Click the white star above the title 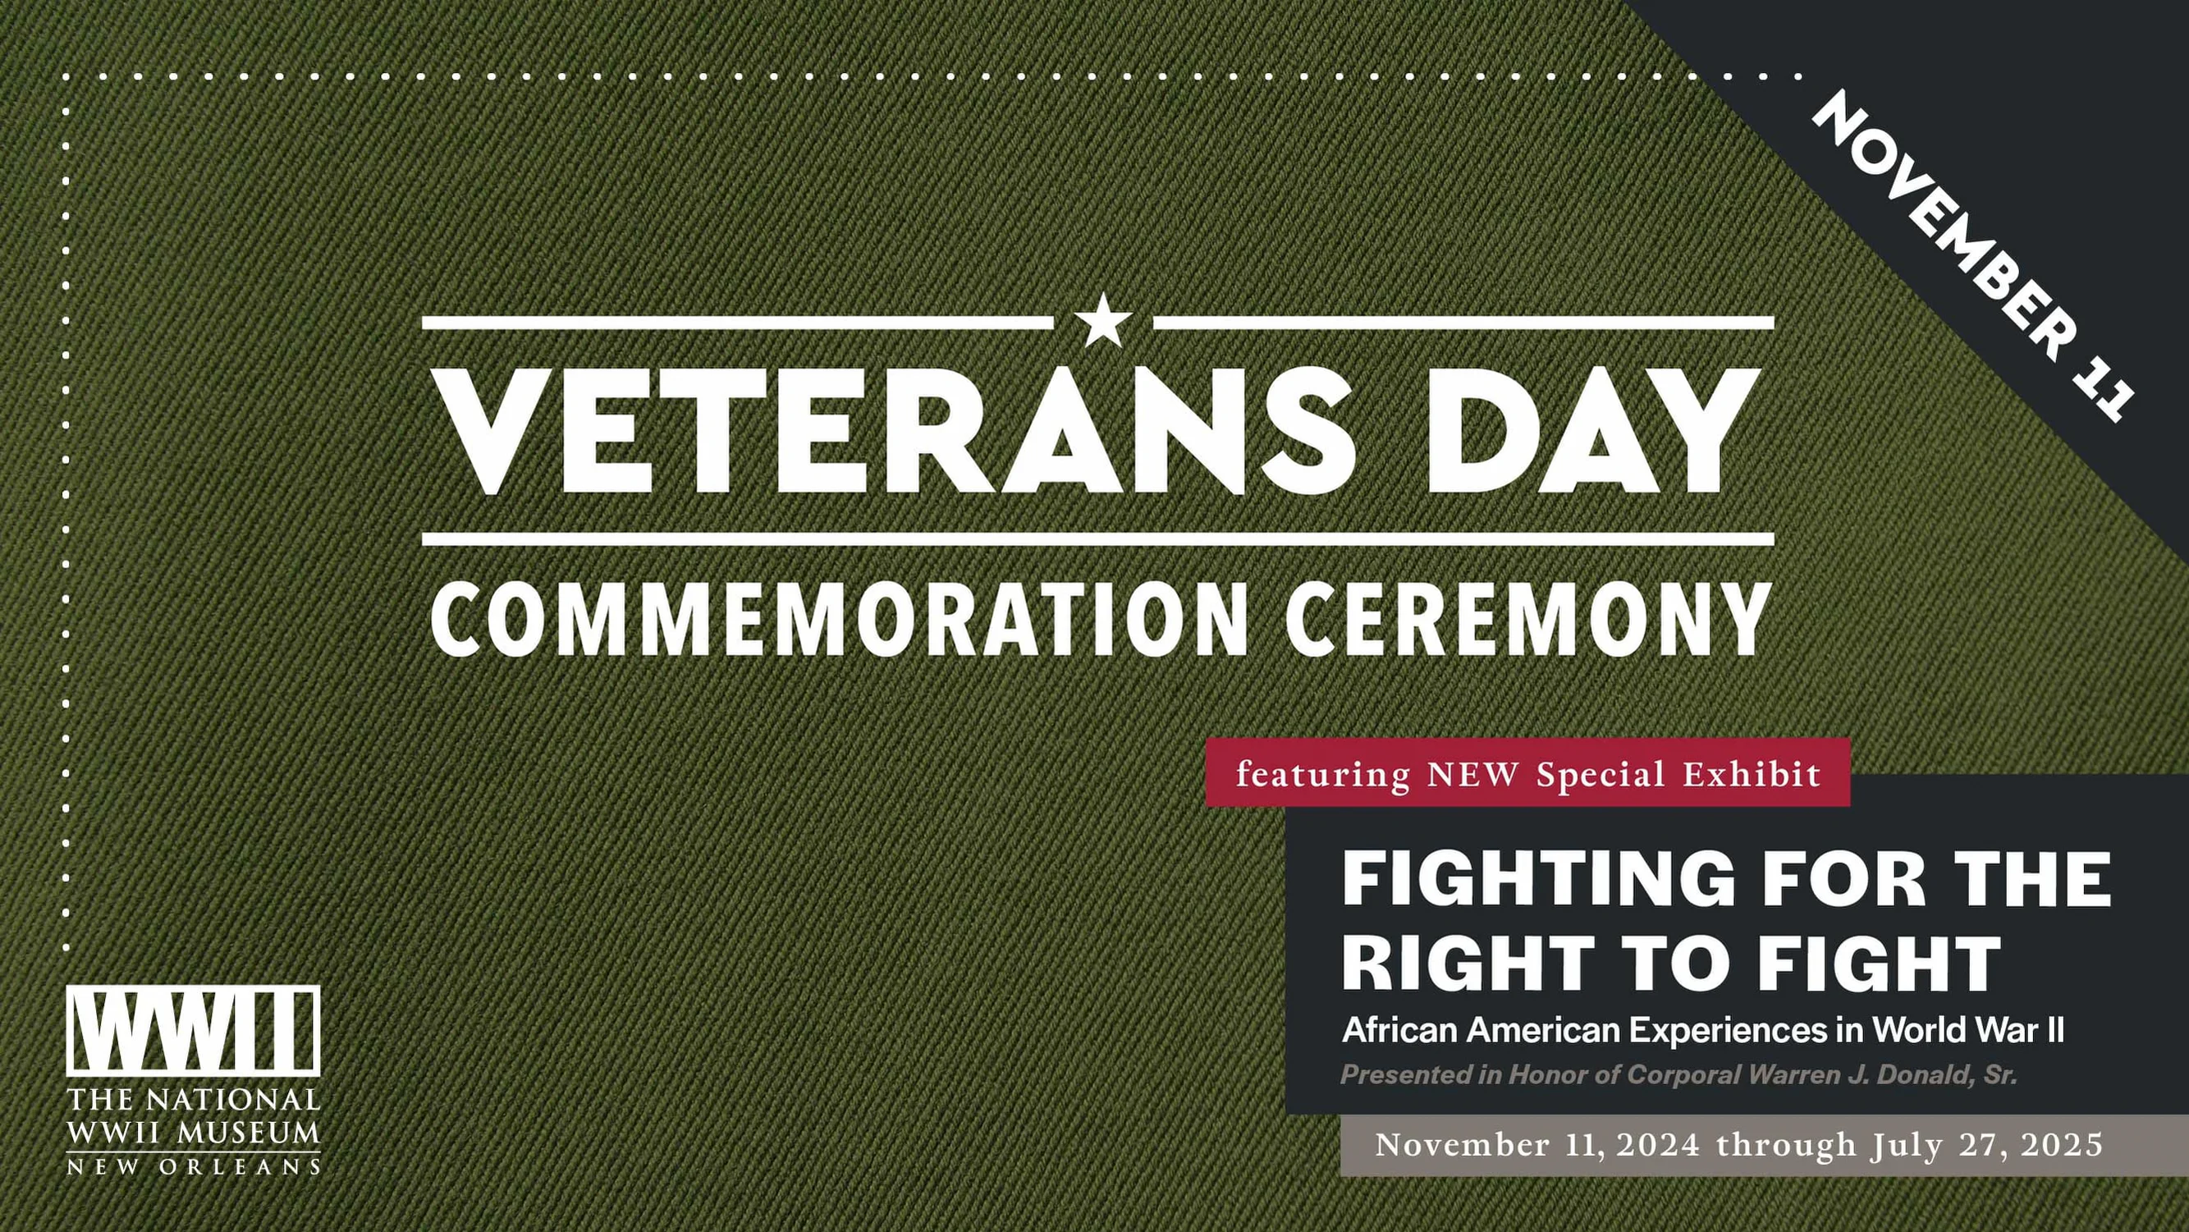coord(1103,321)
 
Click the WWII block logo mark coord(193,1030)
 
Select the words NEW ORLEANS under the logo coord(193,1166)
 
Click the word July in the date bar coord(1906,1145)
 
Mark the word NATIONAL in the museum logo coord(232,1101)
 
